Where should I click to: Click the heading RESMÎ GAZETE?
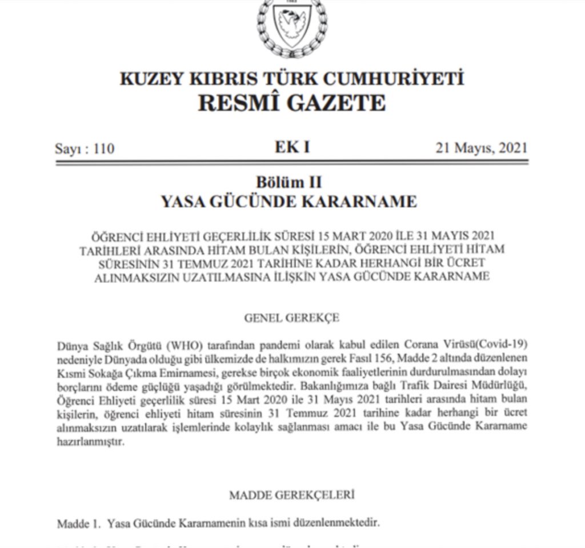(x=291, y=103)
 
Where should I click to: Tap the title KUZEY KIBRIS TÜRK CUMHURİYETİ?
(x=291, y=78)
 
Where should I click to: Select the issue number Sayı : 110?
(x=85, y=149)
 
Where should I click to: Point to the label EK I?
(x=292, y=147)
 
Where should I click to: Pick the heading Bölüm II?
(x=289, y=182)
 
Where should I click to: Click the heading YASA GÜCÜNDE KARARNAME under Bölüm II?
(x=289, y=202)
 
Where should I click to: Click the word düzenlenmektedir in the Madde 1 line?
(x=341, y=523)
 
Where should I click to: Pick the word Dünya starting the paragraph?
(x=70, y=345)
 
